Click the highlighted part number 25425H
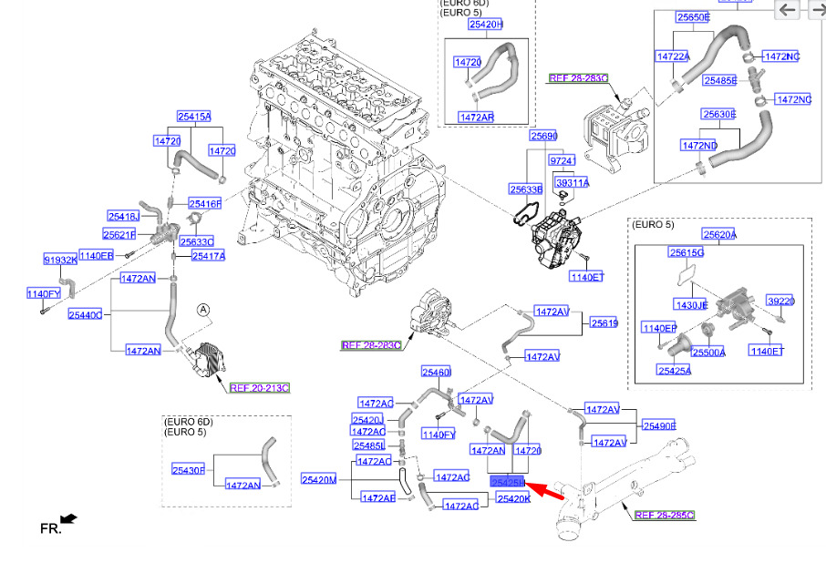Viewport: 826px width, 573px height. tap(508, 481)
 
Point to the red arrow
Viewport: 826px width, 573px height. tap(545, 491)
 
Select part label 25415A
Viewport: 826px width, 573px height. tap(193, 117)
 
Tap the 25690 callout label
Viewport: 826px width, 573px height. tap(543, 136)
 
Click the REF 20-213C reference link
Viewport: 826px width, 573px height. tap(259, 388)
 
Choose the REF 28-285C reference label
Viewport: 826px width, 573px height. tap(664, 515)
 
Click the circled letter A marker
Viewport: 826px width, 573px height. tap(204, 311)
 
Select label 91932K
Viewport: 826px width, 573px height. tap(60, 260)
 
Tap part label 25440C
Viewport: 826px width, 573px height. tap(86, 315)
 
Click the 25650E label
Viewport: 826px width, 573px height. tap(693, 17)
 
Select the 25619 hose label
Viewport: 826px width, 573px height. tap(604, 322)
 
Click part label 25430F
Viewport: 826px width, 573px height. tap(189, 469)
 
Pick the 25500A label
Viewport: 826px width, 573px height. tap(707, 352)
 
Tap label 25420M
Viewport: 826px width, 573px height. tap(319, 479)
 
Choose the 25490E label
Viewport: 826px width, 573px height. tap(658, 425)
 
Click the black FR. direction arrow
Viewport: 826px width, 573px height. tap(68, 519)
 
